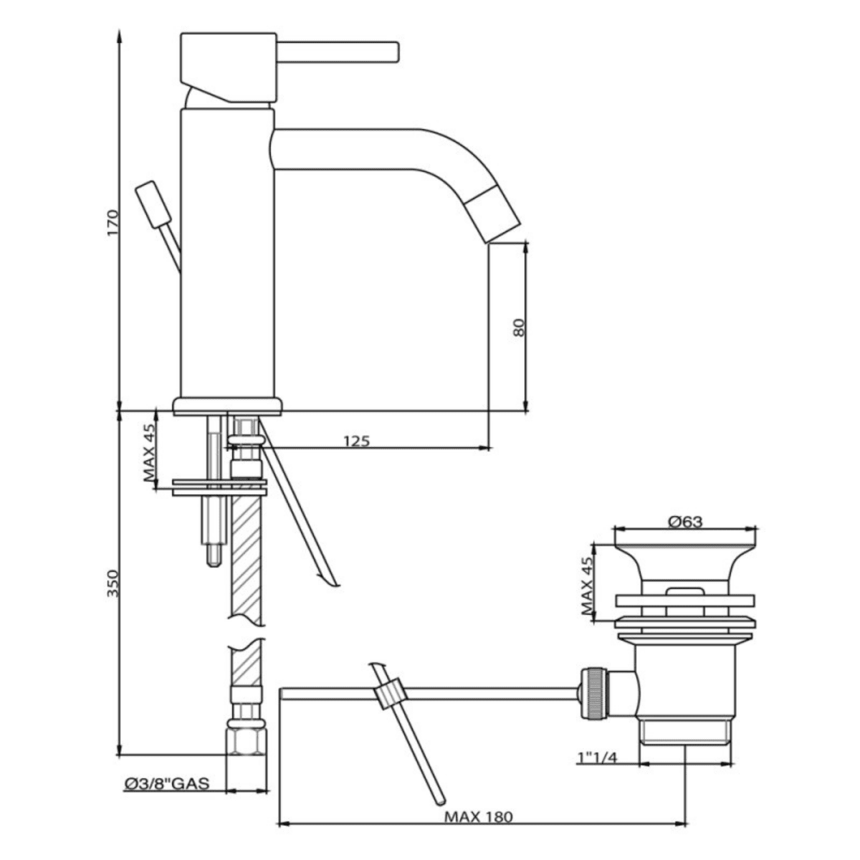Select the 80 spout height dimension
(x=520, y=328)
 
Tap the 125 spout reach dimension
(x=356, y=441)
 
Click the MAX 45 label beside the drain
(x=588, y=587)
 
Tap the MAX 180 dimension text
(x=478, y=816)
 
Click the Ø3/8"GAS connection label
(x=166, y=783)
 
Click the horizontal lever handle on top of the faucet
(x=337, y=52)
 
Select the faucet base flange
(x=228, y=406)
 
